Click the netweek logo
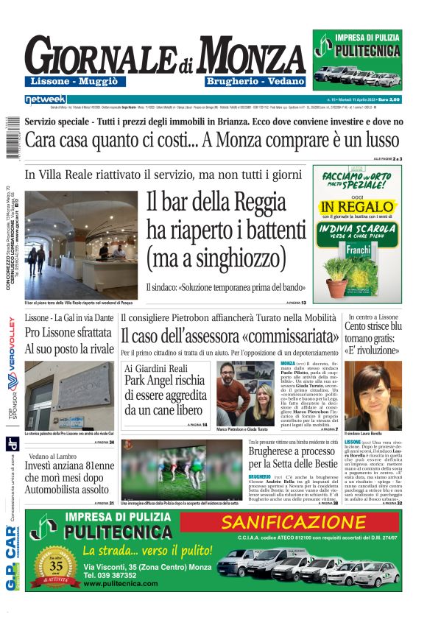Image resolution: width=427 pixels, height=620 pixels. coord(46,99)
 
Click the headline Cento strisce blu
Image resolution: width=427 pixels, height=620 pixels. coord(374,326)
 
